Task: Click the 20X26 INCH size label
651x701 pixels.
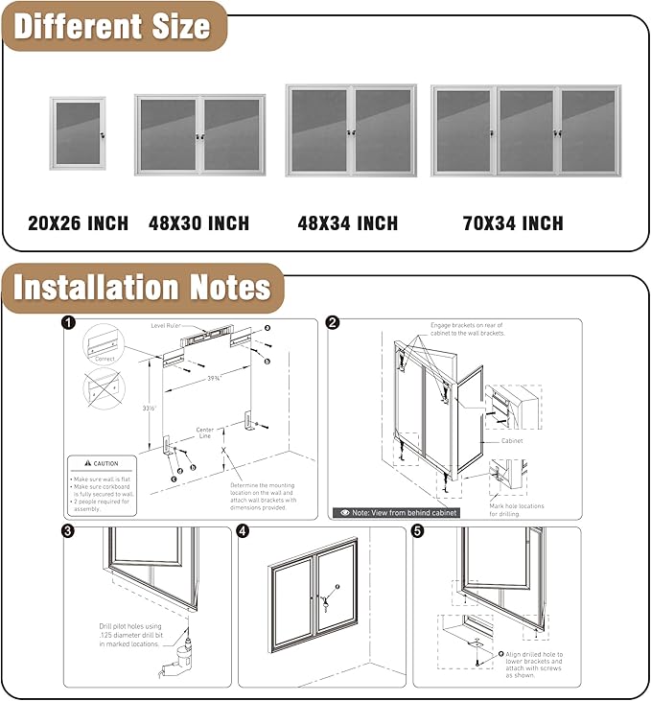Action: [78, 223]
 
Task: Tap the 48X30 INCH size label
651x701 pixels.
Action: [198, 223]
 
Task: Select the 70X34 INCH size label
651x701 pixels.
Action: [512, 223]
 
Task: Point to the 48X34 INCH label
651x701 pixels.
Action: [347, 223]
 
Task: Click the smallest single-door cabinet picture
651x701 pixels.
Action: [78, 132]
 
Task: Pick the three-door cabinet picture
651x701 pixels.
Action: [525, 130]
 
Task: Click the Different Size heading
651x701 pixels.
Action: [112, 26]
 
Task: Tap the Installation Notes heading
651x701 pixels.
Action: [142, 288]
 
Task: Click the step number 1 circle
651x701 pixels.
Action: [68, 323]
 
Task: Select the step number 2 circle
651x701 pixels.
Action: [332, 323]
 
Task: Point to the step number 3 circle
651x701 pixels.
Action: [68, 530]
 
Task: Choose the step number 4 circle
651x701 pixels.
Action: [243, 530]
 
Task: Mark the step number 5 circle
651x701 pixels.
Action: [418, 530]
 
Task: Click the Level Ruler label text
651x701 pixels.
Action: [167, 326]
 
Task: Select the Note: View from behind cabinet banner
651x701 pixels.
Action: [395, 513]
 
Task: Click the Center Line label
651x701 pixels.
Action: [204, 433]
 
